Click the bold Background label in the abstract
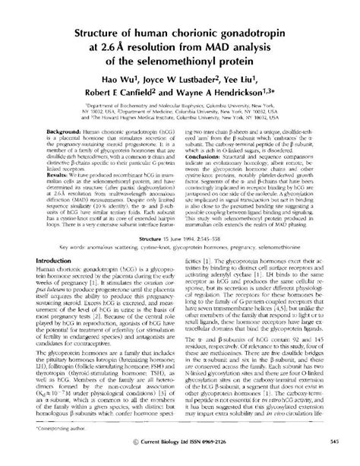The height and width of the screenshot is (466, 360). pos(63,153)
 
